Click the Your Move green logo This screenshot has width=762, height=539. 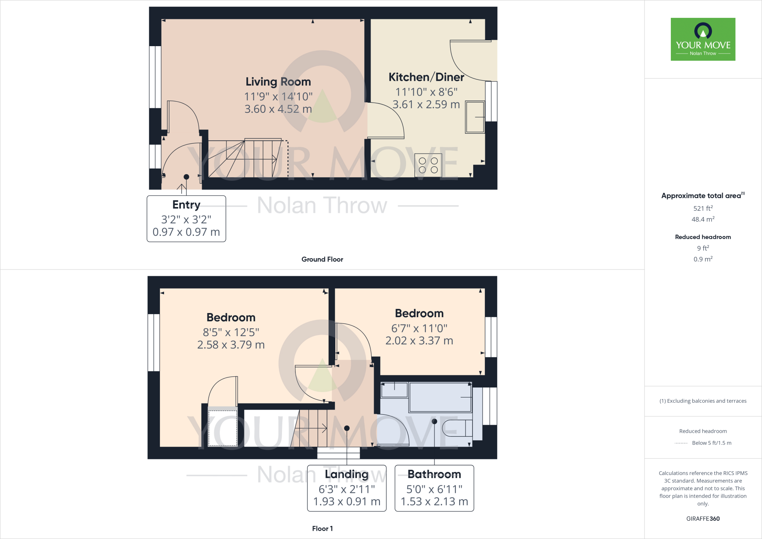click(703, 39)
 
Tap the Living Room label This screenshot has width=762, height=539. click(278, 82)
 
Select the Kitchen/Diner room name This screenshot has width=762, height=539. click(426, 77)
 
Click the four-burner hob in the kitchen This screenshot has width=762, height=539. click(428, 165)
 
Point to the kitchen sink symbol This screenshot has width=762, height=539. click(475, 117)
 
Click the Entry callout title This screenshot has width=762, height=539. click(186, 205)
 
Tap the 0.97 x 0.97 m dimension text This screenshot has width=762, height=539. click(186, 232)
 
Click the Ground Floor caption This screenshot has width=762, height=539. click(322, 259)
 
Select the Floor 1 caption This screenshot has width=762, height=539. click(322, 528)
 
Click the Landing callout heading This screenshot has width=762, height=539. click(346, 474)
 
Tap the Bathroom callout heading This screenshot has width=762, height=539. click(434, 474)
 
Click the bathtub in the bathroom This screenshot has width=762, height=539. click(440, 397)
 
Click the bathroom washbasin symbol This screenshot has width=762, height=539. click(394, 390)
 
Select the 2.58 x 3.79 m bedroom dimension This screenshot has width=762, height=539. click(231, 345)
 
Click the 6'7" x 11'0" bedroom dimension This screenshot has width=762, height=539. click(419, 328)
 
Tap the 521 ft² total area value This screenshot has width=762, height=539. click(702, 208)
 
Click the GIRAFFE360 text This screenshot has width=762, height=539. click(702, 519)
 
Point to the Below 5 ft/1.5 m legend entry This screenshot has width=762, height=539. click(711, 443)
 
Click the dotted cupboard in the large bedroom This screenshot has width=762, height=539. click(222, 428)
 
